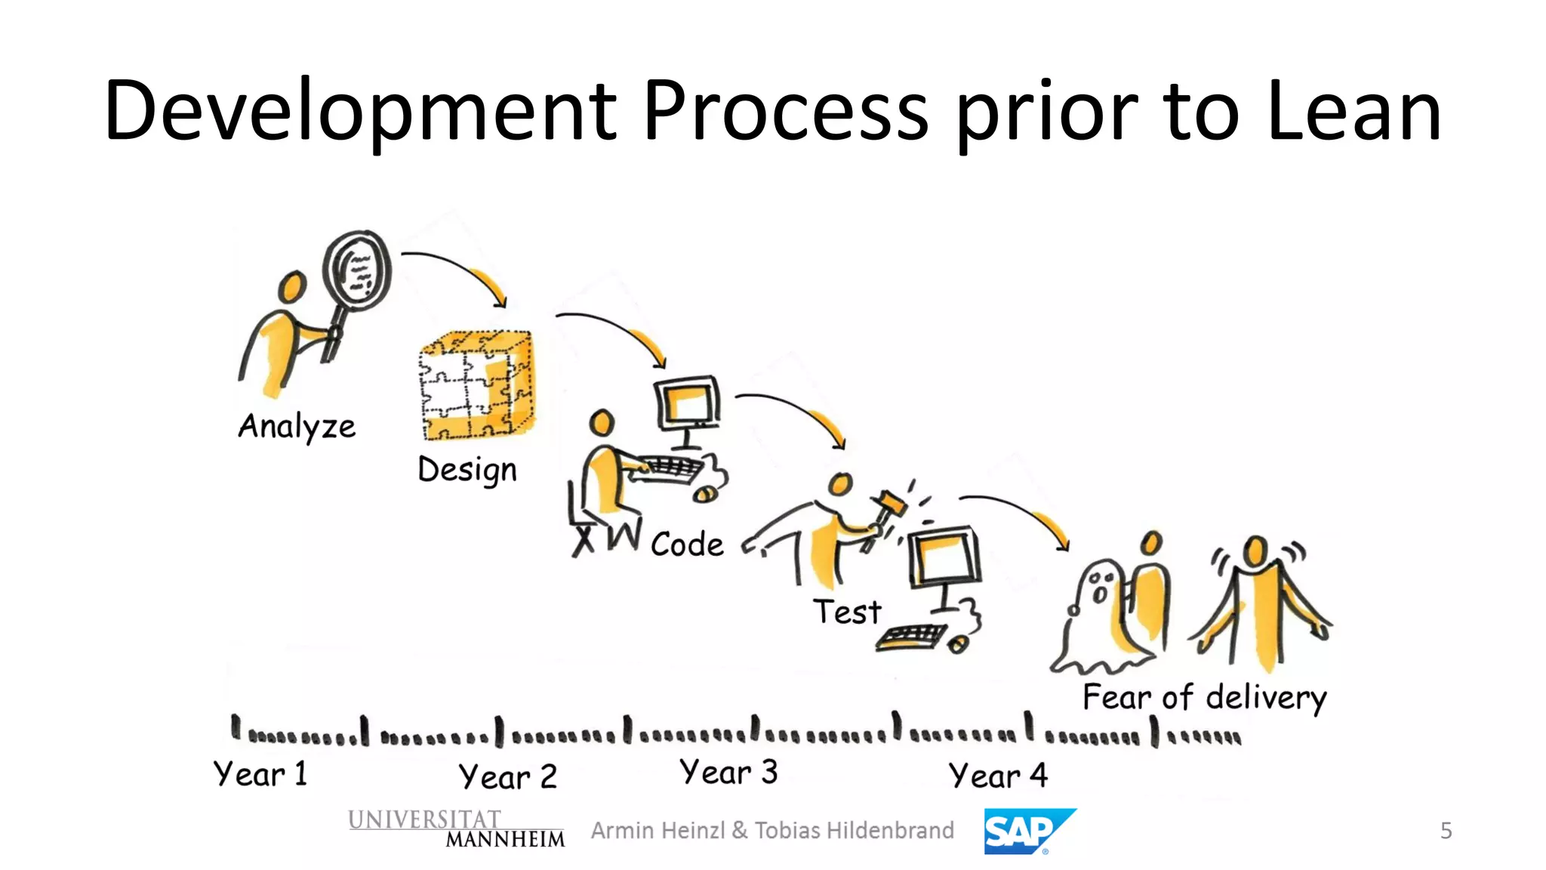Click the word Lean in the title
(1355, 112)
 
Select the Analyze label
(297, 427)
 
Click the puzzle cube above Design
(476, 385)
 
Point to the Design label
(467, 470)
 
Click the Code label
(687, 544)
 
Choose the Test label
(847, 612)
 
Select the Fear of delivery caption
(1204, 697)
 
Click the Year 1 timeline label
(260, 774)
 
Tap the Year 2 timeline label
(507, 776)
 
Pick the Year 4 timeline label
(998, 776)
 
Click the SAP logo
(1027, 831)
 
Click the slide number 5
(1446, 831)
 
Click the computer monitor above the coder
(687, 404)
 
